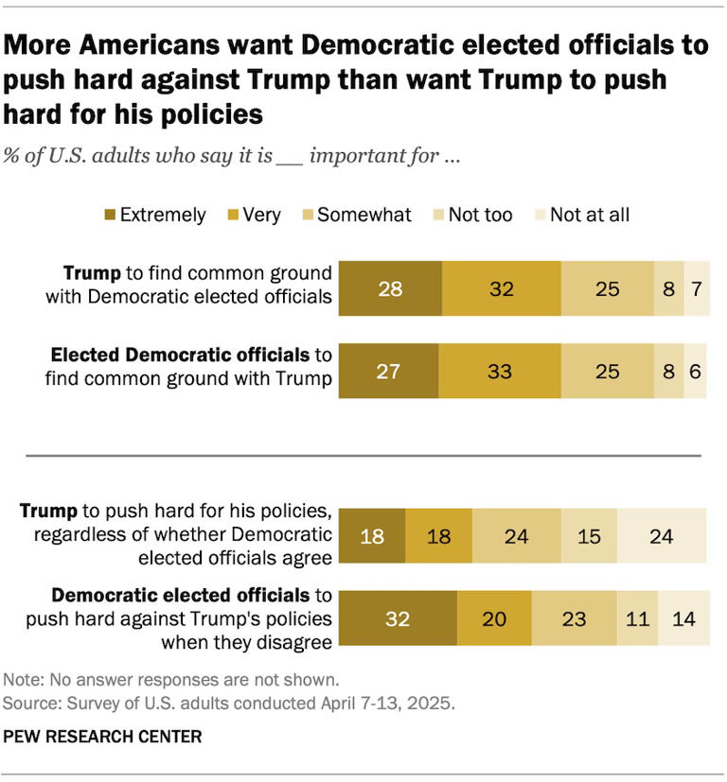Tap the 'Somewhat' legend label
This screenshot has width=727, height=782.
coord(364,215)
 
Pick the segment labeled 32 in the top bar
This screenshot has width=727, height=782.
coord(501,287)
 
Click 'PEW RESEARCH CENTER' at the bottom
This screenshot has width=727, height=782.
coord(102,735)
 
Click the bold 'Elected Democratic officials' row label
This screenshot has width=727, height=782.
coord(180,356)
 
